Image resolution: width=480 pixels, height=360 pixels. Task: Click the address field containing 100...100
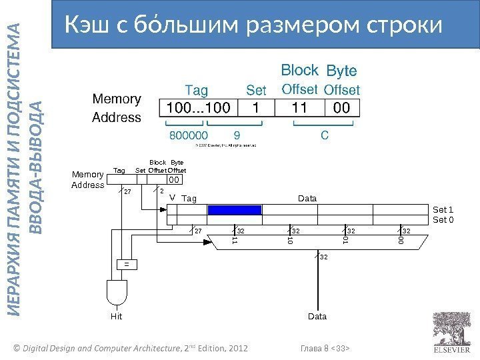tap(198, 108)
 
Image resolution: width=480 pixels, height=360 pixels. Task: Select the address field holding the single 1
tap(256, 108)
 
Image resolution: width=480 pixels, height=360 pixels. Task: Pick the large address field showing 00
tap(341, 108)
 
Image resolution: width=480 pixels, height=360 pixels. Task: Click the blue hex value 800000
tap(189, 135)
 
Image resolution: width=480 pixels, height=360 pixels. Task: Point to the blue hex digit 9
tap(237, 135)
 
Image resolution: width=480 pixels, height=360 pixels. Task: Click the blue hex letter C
tap(324, 135)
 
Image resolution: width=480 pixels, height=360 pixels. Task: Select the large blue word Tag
tap(195, 89)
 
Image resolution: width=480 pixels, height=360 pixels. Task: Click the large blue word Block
tap(299, 71)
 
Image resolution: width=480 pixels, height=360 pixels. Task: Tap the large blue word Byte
tap(341, 71)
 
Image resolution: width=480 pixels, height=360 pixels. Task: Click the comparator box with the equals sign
tap(125, 264)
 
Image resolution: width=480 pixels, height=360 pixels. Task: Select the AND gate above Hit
tap(117, 292)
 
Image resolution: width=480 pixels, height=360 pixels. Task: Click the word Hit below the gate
tap(117, 317)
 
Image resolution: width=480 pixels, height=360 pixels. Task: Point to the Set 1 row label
tap(443, 209)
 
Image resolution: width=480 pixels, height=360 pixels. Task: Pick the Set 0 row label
tap(443, 219)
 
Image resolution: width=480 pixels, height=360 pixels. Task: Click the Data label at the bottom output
tap(317, 317)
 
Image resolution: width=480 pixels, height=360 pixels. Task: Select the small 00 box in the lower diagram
tap(173, 179)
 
